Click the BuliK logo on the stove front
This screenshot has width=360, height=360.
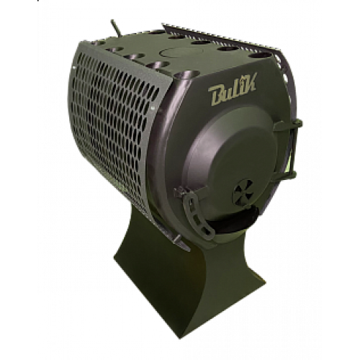pos(233,89)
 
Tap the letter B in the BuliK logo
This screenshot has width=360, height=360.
pos(217,96)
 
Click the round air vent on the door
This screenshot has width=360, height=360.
pos(243,192)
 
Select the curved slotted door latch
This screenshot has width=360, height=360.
pos(197,211)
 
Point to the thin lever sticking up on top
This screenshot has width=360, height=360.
pos(115,28)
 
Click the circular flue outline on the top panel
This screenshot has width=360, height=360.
pos(181,52)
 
